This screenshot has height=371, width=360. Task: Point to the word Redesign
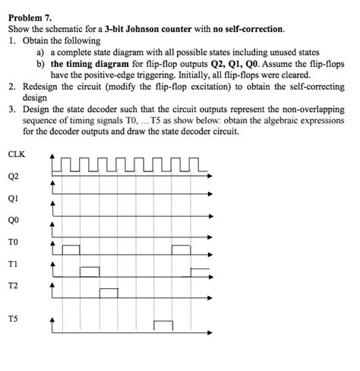click(40, 87)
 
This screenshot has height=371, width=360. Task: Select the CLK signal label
click(16, 154)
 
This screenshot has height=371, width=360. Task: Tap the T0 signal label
click(13, 243)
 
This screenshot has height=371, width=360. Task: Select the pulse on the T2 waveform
click(108, 291)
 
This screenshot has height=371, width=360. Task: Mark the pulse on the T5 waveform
click(163, 325)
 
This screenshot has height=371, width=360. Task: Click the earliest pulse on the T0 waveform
click(71, 249)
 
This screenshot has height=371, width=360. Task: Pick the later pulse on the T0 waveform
click(182, 249)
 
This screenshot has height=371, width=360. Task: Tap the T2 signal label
click(13, 286)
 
